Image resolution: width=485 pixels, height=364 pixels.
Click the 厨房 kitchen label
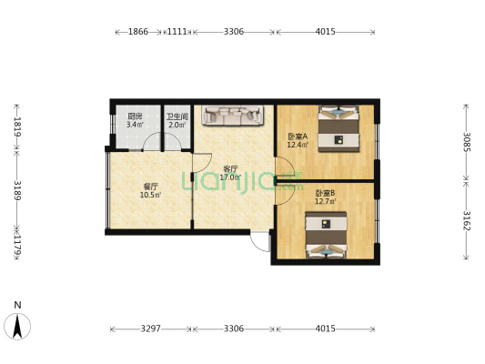tap(134, 116)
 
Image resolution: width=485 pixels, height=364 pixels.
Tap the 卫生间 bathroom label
tap(177, 116)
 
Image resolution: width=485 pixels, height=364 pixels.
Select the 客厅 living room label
tap(230, 168)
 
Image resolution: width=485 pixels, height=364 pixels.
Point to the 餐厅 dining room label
tap(150, 186)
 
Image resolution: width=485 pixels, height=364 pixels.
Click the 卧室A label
tap(298, 136)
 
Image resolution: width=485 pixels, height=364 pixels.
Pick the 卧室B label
tap(325, 192)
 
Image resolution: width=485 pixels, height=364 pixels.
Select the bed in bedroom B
tap(326, 235)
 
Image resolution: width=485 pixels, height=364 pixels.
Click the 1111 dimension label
tap(177, 32)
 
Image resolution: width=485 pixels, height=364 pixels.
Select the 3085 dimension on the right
tap(467, 141)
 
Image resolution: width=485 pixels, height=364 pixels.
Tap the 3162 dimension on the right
tap(467, 221)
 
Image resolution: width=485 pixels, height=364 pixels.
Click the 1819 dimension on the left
tap(17, 126)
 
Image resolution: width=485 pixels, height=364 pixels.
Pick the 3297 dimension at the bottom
tap(150, 329)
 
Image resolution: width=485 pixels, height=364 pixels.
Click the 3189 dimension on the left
tap(17, 192)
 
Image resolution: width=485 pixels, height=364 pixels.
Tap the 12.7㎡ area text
tap(326, 201)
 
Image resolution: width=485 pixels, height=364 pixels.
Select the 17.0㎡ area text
tap(231, 177)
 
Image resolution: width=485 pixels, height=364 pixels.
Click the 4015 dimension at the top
tap(325, 32)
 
